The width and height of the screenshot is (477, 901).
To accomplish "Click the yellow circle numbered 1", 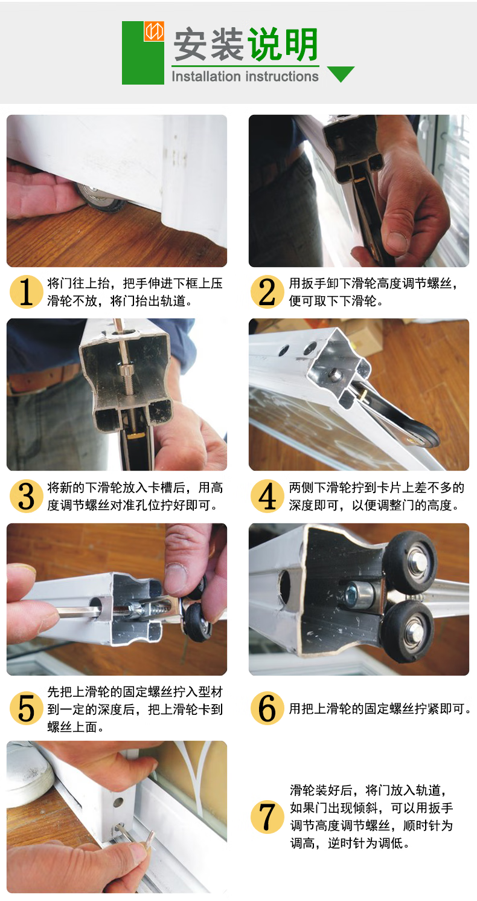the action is (26, 292).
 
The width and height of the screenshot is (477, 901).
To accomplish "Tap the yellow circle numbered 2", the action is (267, 292).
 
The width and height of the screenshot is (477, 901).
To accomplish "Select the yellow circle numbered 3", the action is (26, 496).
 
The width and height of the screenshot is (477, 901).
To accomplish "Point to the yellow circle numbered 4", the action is (267, 496).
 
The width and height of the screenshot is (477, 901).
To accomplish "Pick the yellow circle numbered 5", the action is (26, 708).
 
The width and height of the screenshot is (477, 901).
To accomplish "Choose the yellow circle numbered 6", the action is (267, 708).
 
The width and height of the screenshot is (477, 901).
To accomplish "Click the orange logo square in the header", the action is (154, 31).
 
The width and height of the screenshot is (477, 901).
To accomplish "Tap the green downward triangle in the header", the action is (341, 74).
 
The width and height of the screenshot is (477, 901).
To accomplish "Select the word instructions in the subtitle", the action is (282, 76).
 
